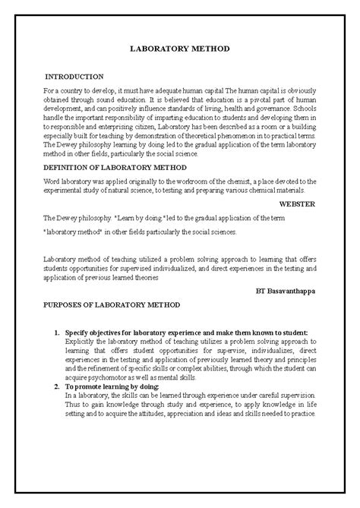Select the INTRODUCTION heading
(x=74, y=77)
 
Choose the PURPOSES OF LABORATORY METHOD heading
(x=111, y=304)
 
